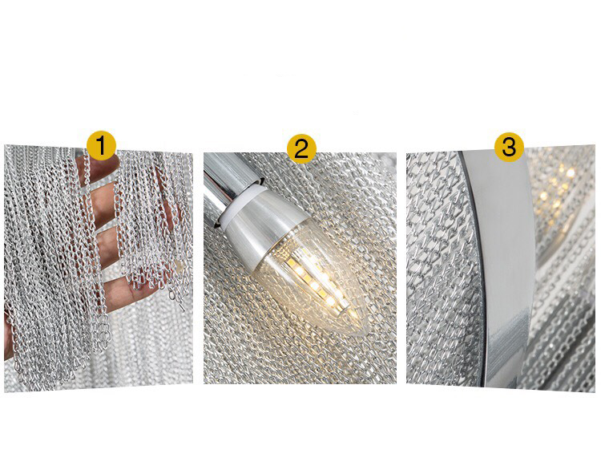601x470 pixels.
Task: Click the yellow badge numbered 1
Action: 101,146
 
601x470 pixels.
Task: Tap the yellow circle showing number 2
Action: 301,148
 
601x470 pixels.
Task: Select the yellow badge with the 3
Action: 509,147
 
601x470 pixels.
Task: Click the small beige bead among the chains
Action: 177,265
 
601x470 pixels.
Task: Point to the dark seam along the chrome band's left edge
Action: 475,269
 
